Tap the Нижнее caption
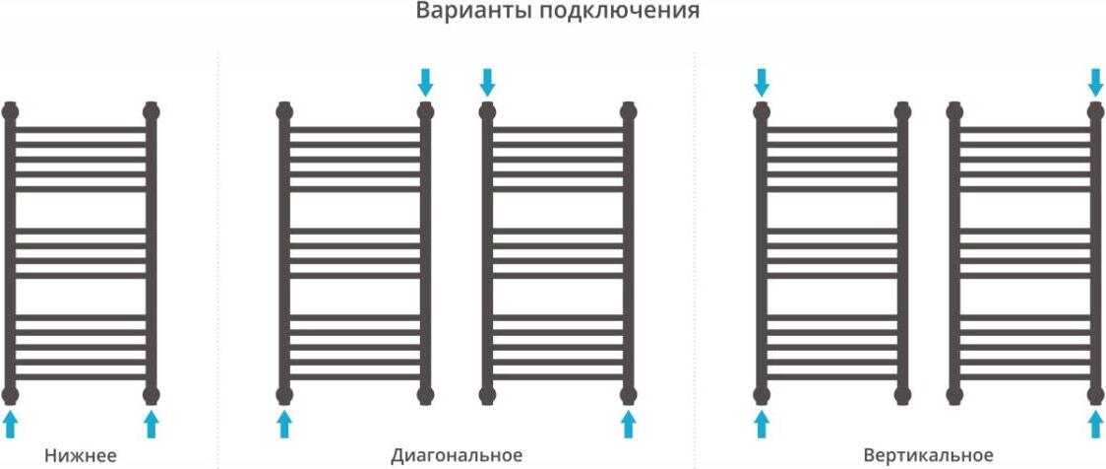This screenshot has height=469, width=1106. (x=81, y=455)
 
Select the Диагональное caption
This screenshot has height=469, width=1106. (x=457, y=455)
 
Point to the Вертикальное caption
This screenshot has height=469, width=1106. (x=928, y=455)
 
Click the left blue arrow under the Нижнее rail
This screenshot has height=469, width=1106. (x=10, y=425)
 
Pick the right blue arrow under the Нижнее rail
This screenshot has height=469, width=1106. (x=151, y=425)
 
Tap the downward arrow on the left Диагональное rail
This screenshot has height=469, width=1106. (x=425, y=82)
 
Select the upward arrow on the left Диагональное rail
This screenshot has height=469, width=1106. (x=284, y=425)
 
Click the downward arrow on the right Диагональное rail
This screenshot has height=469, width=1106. (x=486, y=82)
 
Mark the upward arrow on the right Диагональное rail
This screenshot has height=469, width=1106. (x=628, y=425)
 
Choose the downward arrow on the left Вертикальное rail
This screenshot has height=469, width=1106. (x=761, y=82)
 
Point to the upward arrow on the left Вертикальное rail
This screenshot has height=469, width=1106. (x=761, y=425)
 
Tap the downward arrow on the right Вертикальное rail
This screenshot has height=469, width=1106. (x=1096, y=82)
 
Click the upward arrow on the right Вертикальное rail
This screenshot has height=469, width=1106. (x=1096, y=425)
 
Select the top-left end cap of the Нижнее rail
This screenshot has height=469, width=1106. (x=10, y=109)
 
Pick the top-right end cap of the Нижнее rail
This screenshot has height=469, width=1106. (x=151, y=109)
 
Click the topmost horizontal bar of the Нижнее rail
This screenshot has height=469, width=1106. (x=81, y=129)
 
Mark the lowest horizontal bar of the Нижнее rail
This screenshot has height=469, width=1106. (x=81, y=375)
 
